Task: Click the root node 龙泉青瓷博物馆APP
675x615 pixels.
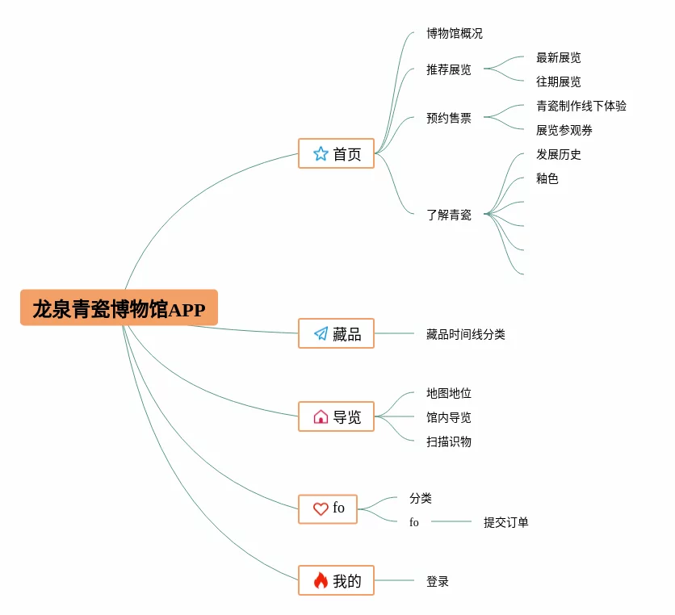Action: [119, 308]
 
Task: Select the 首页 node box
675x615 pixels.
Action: [336, 153]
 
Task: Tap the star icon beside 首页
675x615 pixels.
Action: [321, 153]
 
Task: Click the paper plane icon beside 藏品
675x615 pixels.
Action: [321, 333]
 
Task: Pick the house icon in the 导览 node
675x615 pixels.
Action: [321, 417]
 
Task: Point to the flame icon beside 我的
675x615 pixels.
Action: [321, 580]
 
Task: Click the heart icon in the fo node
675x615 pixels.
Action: [321, 508]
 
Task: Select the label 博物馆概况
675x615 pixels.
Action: [455, 34]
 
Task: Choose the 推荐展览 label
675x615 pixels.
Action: [449, 70]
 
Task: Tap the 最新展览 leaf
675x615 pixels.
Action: [559, 58]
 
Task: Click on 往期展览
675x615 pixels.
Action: [559, 82]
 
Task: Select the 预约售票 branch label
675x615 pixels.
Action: [449, 119]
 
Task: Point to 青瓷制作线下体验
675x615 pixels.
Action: [581, 106]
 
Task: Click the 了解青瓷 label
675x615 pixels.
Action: [449, 215]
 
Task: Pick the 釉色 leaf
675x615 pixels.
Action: [547, 179]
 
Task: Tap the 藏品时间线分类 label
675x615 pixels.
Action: [466, 334]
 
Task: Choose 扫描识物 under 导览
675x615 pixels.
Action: [449, 441]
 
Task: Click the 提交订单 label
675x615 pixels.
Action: [506, 522]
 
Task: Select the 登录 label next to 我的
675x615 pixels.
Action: [438, 581]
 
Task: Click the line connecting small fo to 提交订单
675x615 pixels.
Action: [451, 521]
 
